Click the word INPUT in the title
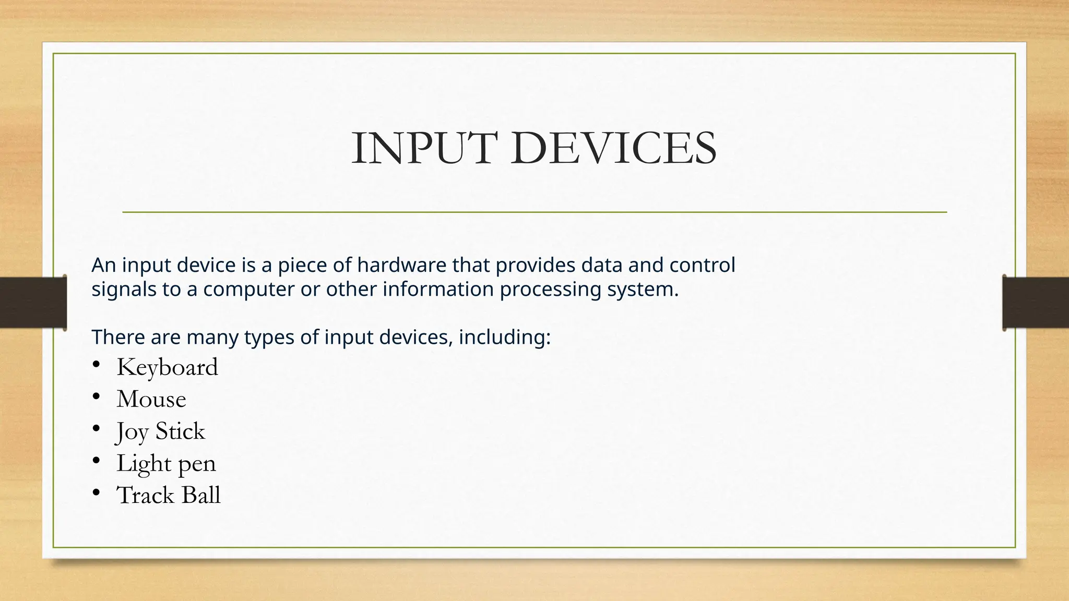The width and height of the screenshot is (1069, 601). (x=422, y=149)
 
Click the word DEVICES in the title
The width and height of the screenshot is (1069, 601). (x=614, y=149)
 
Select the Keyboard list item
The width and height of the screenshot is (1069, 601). (x=167, y=367)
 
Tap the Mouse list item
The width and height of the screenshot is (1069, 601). (x=151, y=400)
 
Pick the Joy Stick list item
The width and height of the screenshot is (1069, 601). (x=161, y=432)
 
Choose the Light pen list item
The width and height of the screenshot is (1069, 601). (x=166, y=464)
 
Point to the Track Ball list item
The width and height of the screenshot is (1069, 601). (x=169, y=496)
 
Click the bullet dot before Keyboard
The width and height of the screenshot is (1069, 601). (x=96, y=365)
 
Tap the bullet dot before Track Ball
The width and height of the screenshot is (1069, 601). (x=96, y=493)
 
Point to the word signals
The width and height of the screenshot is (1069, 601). (x=124, y=290)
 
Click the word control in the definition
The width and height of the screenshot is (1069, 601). (x=702, y=266)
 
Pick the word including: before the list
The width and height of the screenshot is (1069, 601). (x=505, y=338)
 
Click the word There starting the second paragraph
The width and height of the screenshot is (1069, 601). (x=118, y=338)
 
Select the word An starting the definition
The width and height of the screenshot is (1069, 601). (x=103, y=266)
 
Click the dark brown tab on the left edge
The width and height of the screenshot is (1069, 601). (x=33, y=303)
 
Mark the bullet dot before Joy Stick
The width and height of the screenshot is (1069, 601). (x=96, y=429)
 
